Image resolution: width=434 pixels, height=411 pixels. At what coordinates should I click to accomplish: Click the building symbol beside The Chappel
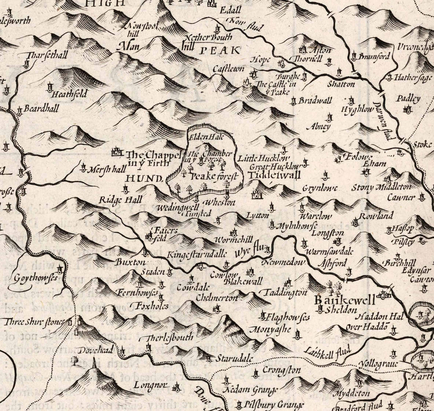click(116, 153)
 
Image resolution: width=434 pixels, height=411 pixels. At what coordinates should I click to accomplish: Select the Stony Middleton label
click(388, 187)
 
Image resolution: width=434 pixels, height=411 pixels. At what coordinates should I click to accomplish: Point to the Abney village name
click(320, 127)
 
